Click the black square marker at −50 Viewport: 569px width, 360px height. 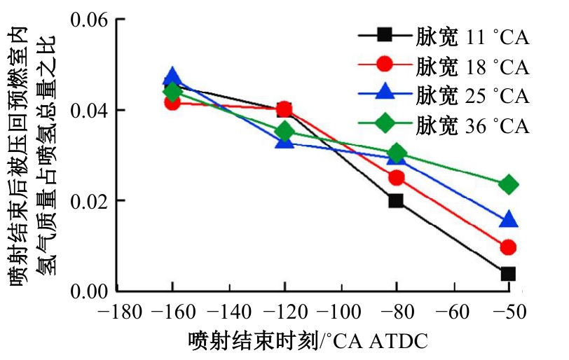pos(509,273)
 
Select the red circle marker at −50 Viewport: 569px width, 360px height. pos(509,247)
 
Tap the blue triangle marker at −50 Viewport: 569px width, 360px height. pos(509,221)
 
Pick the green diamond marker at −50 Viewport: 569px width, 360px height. pos(509,185)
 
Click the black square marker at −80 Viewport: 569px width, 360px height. pos(397,200)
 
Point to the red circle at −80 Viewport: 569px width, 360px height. pos(397,177)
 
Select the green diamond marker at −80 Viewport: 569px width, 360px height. pos(397,153)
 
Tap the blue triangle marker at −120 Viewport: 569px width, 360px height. pos(284,141)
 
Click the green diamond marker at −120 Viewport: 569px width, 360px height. pos(284,131)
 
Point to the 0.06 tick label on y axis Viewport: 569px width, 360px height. pos(90,20)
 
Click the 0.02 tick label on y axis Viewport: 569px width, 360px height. pos(90,200)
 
